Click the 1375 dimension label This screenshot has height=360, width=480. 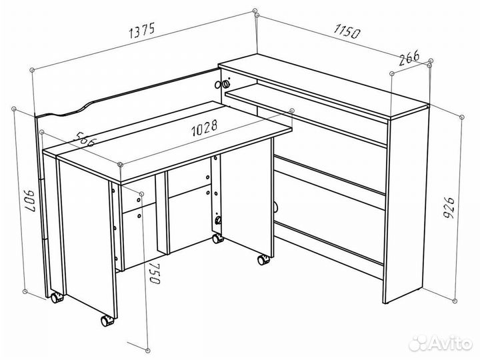tap(143, 30)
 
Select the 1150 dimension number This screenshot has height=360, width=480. tap(347, 31)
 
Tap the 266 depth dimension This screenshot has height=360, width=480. tap(409, 58)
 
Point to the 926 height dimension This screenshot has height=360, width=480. tap(449, 208)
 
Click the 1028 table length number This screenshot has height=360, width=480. tap(204, 127)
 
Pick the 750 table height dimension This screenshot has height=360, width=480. tap(155, 273)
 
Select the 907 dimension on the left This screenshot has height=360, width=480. tap(30, 201)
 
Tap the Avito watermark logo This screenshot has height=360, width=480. tap(441, 343)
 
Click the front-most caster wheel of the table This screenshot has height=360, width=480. tap(107, 321)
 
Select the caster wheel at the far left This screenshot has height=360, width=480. tap(57, 297)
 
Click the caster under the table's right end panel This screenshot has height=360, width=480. tap(263, 260)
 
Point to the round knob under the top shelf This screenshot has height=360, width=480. tap(225, 84)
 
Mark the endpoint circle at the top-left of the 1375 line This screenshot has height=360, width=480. tap(32, 70)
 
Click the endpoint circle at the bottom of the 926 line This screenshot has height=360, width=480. tap(455, 301)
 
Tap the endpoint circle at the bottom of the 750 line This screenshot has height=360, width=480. tap(148, 350)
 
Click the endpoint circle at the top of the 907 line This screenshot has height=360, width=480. tap(14, 109)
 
